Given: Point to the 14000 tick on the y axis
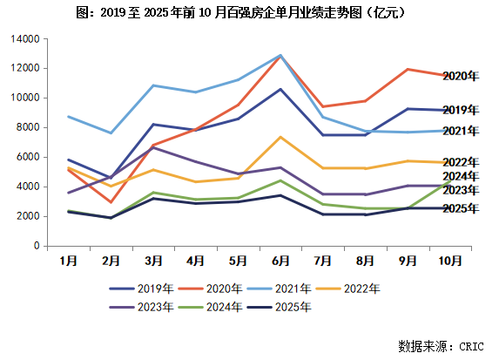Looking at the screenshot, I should tap(24, 39).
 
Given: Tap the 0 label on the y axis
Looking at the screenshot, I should tap(36, 246).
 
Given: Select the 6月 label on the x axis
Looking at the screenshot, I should tap(280, 260).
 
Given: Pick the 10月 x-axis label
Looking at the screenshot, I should tap(449, 260).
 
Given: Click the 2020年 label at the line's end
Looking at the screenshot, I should tap(460, 77).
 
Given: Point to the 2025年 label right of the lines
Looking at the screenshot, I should tap(460, 208).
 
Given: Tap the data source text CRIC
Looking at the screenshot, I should tap(439, 346).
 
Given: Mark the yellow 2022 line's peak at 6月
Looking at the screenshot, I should tap(280, 137).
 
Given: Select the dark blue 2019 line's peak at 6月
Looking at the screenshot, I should tap(280, 89).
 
